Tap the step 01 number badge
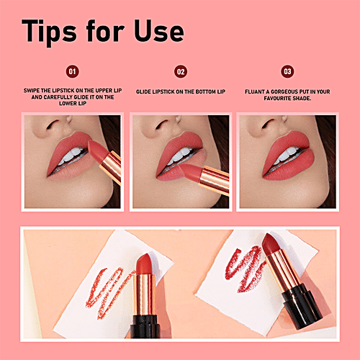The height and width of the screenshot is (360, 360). [x=71, y=71]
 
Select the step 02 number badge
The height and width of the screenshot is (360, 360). [x=181, y=71]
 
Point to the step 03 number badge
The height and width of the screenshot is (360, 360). [x=287, y=71]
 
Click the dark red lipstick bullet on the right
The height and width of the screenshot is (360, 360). [x=270, y=249]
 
